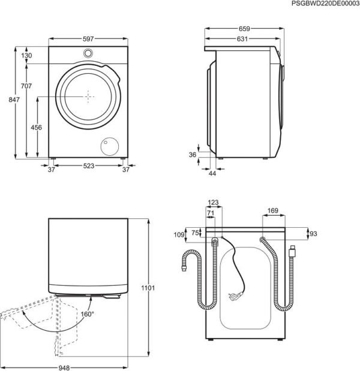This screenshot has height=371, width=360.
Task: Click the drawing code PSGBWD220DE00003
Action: [325, 4]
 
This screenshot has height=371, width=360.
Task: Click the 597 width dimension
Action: [88, 39]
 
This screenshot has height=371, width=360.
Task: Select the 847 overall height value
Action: [14, 99]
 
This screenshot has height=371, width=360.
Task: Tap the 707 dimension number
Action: [26, 86]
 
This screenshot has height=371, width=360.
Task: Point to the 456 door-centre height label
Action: [36, 127]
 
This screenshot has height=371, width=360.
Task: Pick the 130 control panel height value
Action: [26, 56]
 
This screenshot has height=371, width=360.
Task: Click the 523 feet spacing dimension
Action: [89, 166]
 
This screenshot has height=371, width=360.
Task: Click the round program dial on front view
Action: [88, 53]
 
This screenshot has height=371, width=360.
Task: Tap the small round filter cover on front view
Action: [110, 146]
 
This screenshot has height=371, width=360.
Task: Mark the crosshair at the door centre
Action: [88, 96]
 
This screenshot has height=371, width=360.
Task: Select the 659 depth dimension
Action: [244, 29]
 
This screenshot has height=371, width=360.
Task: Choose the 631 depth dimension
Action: [242, 39]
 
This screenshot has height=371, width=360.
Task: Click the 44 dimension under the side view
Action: [212, 173]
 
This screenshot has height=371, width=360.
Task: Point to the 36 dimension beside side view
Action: [193, 155]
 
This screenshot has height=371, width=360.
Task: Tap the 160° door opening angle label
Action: [88, 314]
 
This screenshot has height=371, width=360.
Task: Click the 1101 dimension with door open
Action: [148, 288]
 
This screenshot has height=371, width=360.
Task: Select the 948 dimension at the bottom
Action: [64, 367]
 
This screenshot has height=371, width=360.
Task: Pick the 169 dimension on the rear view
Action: [272, 210]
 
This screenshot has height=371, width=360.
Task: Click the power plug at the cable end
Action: [235, 295]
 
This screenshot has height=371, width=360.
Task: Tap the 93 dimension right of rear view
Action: [313, 234]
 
